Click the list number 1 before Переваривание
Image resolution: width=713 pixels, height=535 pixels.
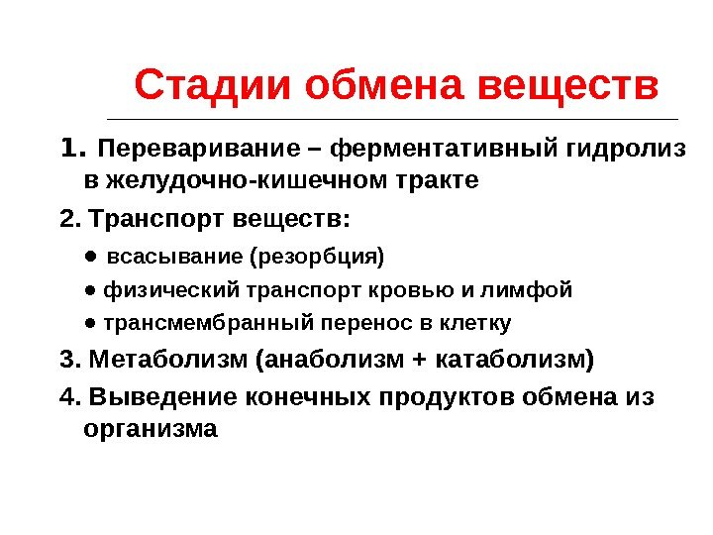coord(69,150)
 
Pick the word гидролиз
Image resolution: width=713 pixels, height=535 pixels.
coord(626,151)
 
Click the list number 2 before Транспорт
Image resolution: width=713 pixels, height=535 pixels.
coord(66,217)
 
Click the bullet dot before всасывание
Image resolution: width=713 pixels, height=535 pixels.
coord(89,256)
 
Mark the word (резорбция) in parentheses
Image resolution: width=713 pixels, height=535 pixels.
coord(318,258)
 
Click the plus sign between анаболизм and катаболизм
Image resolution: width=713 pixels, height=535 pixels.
coord(412,359)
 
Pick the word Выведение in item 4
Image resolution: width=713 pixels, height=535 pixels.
coord(159,397)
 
